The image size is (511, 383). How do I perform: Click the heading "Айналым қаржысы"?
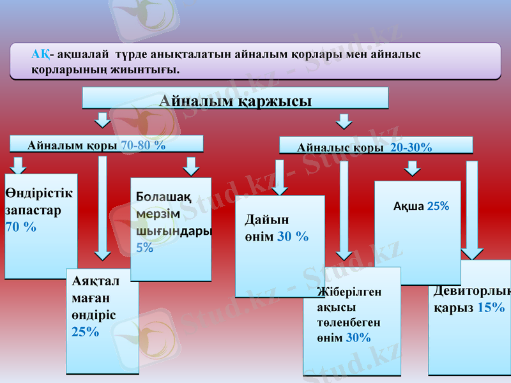(235, 101)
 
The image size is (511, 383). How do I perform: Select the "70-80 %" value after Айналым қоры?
(143, 145)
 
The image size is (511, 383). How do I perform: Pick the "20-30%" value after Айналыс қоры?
(411, 147)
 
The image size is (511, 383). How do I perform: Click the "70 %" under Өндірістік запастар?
(20, 227)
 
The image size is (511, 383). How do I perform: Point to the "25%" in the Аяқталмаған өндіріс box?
(86, 331)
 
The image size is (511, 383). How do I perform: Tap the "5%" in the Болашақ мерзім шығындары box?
(144, 248)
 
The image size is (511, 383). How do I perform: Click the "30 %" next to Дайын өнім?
(293, 237)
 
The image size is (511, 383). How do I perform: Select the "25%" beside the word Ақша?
(438, 206)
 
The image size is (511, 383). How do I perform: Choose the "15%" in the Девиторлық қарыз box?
(491, 307)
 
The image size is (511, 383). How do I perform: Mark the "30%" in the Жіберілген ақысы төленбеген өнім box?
(358, 338)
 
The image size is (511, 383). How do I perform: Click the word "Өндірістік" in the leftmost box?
(39, 193)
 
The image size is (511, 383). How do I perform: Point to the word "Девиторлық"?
(472, 291)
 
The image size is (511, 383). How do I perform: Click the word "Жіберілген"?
(349, 292)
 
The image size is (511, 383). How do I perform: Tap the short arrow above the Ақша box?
(413, 168)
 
